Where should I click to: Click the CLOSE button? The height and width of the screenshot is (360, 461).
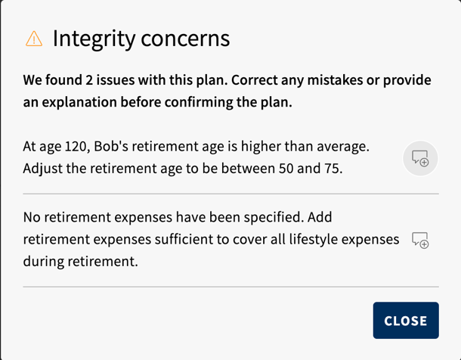406,321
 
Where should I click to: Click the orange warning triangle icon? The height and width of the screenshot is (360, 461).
34,39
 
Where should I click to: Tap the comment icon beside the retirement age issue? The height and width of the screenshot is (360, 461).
420,158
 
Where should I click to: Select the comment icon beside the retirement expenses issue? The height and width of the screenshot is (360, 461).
420,241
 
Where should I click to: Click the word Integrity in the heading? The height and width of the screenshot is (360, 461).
94,39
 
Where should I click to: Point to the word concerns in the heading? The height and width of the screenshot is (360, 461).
185,39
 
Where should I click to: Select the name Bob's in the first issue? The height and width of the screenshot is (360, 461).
111,146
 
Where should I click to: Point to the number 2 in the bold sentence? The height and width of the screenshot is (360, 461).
89,80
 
